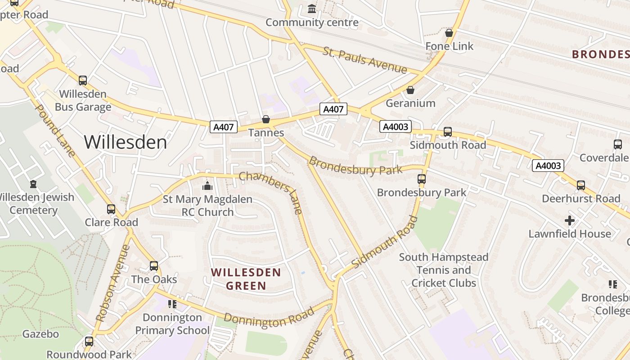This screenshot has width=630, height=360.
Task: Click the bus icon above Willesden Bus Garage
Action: point(83,81)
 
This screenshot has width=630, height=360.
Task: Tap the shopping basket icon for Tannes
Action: point(266,119)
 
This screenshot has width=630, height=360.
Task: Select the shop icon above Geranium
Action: point(410,90)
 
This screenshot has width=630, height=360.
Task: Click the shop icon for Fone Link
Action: point(449,33)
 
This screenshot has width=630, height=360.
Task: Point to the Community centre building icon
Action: point(311,9)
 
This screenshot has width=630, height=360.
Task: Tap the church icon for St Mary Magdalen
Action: point(207,185)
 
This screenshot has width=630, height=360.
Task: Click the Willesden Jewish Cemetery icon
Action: point(33,184)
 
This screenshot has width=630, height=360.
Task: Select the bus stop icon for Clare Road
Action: point(111,209)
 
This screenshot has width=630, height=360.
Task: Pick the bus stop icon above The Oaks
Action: point(154,266)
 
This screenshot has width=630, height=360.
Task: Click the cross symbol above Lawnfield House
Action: point(570,220)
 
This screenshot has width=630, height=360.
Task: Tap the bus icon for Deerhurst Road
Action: point(581,185)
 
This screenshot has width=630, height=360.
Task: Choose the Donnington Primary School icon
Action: point(172,305)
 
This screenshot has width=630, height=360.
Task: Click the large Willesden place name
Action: point(125,142)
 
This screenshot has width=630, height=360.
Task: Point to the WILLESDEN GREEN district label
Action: point(246,279)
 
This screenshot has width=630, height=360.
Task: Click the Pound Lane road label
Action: point(55,131)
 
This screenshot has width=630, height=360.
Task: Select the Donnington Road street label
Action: point(269,319)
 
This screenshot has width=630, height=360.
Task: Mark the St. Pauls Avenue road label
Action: point(364,59)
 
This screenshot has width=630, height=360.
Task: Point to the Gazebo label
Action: point(40,334)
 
